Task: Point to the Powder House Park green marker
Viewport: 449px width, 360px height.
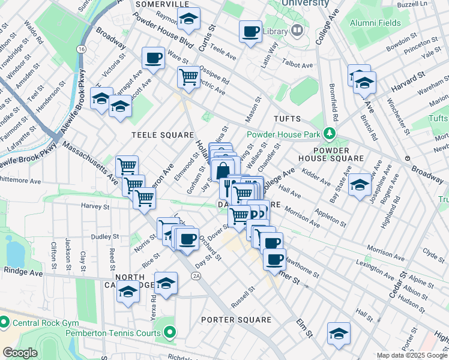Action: (x=328, y=133)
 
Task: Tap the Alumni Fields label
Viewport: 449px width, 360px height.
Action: (x=376, y=23)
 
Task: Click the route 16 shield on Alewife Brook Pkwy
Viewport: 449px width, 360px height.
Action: (x=81, y=49)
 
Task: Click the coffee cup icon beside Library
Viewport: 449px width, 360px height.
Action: (x=250, y=31)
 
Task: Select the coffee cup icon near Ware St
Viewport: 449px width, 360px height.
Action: (x=153, y=58)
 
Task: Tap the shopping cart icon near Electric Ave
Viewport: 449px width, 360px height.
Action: (x=188, y=77)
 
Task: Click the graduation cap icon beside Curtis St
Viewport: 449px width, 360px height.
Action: (x=188, y=20)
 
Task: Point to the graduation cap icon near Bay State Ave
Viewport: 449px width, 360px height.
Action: (x=360, y=185)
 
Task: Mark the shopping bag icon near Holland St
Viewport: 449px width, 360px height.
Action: (x=223, y=169)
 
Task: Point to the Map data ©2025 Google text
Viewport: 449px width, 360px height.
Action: (x=412, y=355)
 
